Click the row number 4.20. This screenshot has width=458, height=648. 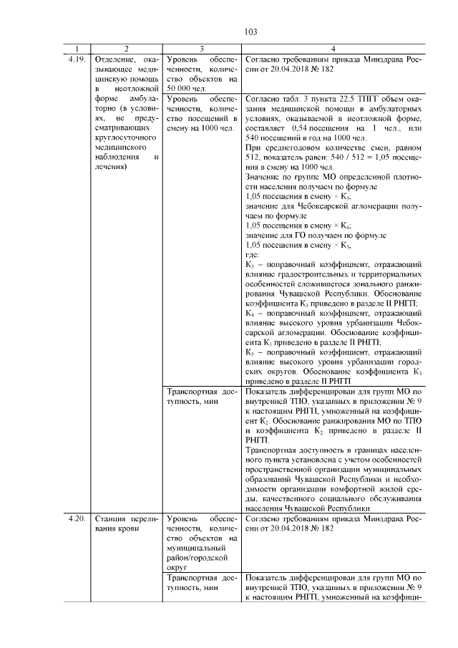coord(77,517)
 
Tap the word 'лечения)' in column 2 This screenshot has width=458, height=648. coord(110,165)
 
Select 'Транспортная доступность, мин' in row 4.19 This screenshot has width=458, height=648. coord(200,397)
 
